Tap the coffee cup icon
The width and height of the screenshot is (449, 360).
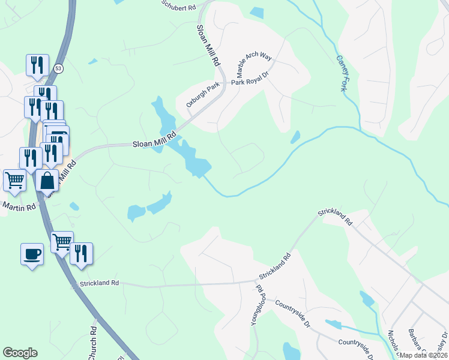pyautogui.click(x=32, y=254)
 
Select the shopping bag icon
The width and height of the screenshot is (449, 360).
pyautogui.click(x=47, y=181)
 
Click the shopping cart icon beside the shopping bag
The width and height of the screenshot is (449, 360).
pyautogui.click(x=14, y=180)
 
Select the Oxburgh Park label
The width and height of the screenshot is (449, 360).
pyautogui.click(x=203, y=95)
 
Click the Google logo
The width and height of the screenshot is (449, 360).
pyautogui.click(x=20, y=353)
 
